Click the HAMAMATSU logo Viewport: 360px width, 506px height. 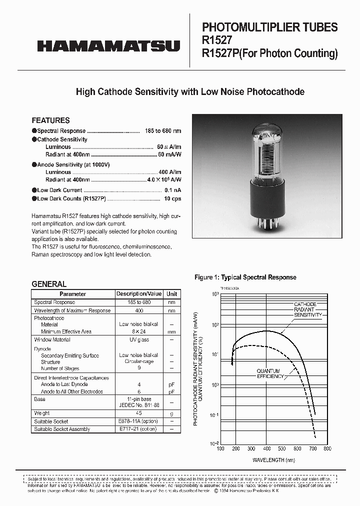(x=108, y=46)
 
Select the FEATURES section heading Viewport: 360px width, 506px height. (x=50, y=120)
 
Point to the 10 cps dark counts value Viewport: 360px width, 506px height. (x=172, y=198)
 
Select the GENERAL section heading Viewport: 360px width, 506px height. (x=49, y=284)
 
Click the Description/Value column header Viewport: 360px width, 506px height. (x=139, y=294)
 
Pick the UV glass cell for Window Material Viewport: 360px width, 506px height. (x=139, y=339)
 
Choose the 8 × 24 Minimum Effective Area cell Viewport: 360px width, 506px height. (x=139, y=331)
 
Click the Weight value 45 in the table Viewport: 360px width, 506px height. (x=139, y=413)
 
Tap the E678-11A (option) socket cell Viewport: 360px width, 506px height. (x=139, y=421)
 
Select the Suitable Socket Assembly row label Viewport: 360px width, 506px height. (x=62, y=429)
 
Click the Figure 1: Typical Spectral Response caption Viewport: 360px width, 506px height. (x=245, y=277)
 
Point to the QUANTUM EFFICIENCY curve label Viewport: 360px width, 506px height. (x=270, y=373)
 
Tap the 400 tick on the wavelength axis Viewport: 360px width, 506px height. (x=266, y=449)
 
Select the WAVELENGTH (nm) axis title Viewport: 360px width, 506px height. (x=273, y=459)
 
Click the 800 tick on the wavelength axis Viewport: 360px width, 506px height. (x=327, y=449)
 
